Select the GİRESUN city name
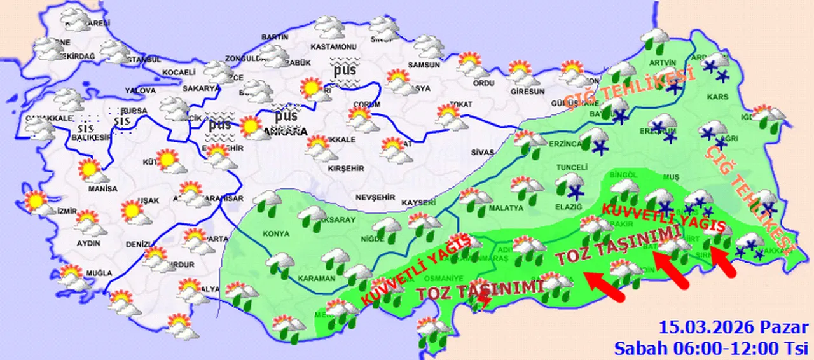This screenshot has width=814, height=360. (528, 91)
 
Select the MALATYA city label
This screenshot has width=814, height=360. (506, 207)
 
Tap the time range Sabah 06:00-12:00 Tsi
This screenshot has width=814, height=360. (711, 348)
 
